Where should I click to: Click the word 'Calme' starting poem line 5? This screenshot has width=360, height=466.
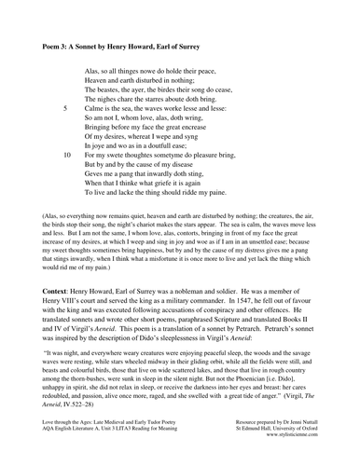[x=95, y=108]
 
